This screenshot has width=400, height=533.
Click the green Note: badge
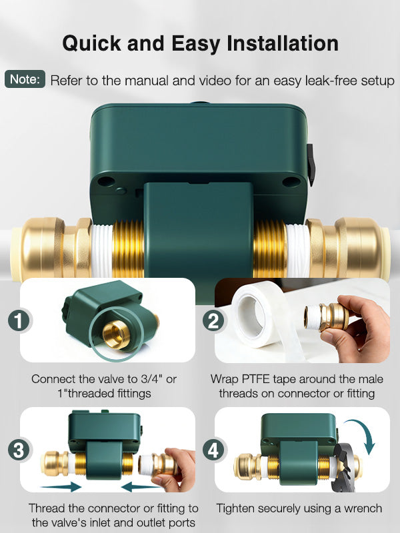tap(25, 79)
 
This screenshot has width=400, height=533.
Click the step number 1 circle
tap(19, 320)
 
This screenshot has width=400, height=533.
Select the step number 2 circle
tap(213, 320)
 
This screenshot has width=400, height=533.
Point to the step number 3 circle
tap(19, 450)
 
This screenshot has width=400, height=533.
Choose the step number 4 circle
tap(213, 450)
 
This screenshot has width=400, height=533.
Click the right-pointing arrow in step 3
tap(61, 487)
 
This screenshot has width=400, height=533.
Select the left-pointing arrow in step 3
tap(141, 487)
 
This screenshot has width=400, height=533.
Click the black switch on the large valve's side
tap(311, 165)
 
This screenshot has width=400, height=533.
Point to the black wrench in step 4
tap(344, 466)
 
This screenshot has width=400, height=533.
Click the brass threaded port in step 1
tap(116, 335)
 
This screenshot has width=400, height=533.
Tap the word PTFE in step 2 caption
tap(255, 378)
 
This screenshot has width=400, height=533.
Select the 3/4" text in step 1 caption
tap(152, 378)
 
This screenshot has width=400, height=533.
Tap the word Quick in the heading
tap(91, 44)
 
